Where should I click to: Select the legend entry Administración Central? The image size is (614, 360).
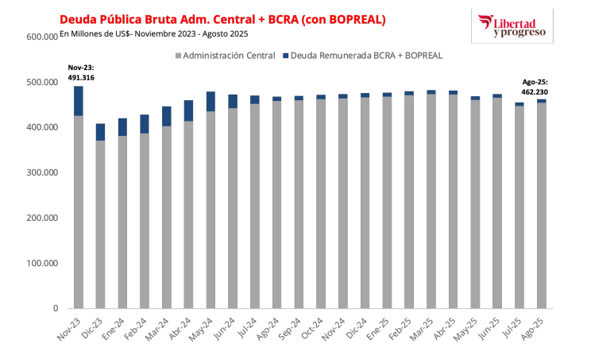pyautogui.click(x=222, y=56)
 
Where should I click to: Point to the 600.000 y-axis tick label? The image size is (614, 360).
pyautogui.click(x=41, y=37)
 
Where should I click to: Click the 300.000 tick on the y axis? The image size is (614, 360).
pyautogui.click(x=41, y=172)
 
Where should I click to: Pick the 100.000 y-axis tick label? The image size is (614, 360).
pyautogui.click(x=41, y=263)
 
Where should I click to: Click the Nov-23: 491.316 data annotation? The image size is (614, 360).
pyautogui.click(x=79, y=72)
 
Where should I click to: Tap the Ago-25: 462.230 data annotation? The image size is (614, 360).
pyautogui.click(x=535, y=87)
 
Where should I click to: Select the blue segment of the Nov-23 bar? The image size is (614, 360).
pyautogui.click(x=79, y=101)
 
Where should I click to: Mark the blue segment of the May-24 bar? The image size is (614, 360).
pyautogui.click(x=211, y=101)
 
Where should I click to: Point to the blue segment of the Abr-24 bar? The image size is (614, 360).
pyautogui.click(x=189, y=110)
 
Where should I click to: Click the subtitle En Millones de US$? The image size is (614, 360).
pyautogui.click(x=154, y=33)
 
